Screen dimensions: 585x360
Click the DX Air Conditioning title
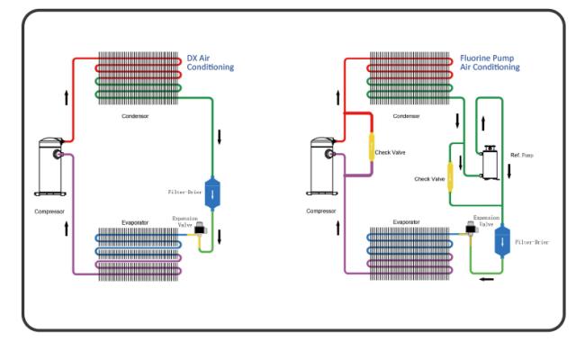[x=210, y=63]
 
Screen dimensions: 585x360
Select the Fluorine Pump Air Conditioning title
[x=490, y=63]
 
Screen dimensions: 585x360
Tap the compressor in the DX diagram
[x=50, y=166]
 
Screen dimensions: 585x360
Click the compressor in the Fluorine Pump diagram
[x=322, y=166]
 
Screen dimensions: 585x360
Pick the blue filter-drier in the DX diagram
[x=212, y=193]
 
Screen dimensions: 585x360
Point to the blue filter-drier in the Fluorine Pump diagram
[x=502, y=241]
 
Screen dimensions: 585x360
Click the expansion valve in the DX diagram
[x=201, y=229]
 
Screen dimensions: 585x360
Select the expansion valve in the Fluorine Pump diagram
[x=472, y=228]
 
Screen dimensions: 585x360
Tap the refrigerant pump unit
[x=490, y=163]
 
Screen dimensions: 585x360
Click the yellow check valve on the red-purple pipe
[x=372, y=148]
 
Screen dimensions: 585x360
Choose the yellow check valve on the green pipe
[x=450, y=177]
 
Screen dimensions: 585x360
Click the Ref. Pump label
[x=522, y=155]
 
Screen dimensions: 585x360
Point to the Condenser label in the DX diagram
[x=135, y=116]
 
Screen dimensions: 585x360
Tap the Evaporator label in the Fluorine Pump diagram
[x=406, y=222]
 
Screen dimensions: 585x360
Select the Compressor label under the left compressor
[x=49, y=211]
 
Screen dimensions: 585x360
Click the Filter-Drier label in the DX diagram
[x=184, y=192]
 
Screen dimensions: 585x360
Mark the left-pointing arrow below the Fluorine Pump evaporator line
[x=487, y=279]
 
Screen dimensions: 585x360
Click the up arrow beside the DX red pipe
[x=67, y=97]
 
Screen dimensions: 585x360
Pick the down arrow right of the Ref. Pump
[x=508, y=171]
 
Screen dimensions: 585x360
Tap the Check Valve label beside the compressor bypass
[x=390, y=152]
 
